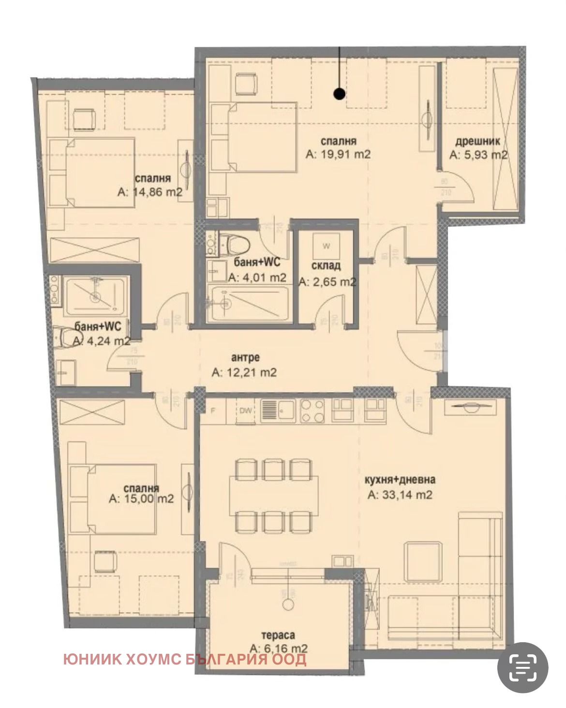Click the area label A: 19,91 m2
(x=338, y=154)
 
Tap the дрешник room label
(x=477, y=141)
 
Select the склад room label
(x=326, y=265)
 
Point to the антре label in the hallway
(x=245, y=357)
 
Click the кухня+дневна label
(x=400, y=480)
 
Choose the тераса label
(x=278, y=635)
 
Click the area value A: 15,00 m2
(x=141, y=499)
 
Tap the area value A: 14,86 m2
(x=150, y=192)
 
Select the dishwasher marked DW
(x=246, y=411)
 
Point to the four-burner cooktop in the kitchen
(x=313, y=411)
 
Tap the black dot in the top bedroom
(x=340, y=94)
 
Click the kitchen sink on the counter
(x=278, y=411)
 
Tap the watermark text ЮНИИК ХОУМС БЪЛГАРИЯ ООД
(x=184, y=660)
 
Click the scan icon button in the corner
(x=523, y=668)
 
